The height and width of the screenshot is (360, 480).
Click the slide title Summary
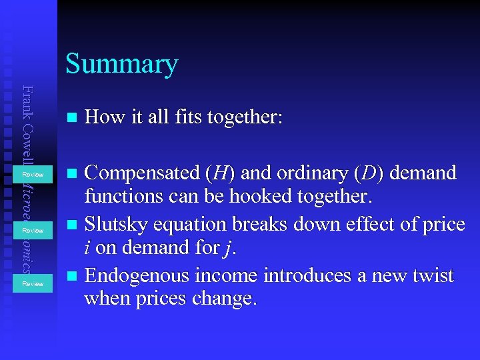(121, 64)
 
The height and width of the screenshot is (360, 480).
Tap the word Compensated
(141, 173)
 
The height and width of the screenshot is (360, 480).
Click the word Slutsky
(117, 224)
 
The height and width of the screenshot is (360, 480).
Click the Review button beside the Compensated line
(33, 175)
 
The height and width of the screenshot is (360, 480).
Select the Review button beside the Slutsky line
(33, 230)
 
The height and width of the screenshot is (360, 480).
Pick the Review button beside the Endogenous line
(33, 283)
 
